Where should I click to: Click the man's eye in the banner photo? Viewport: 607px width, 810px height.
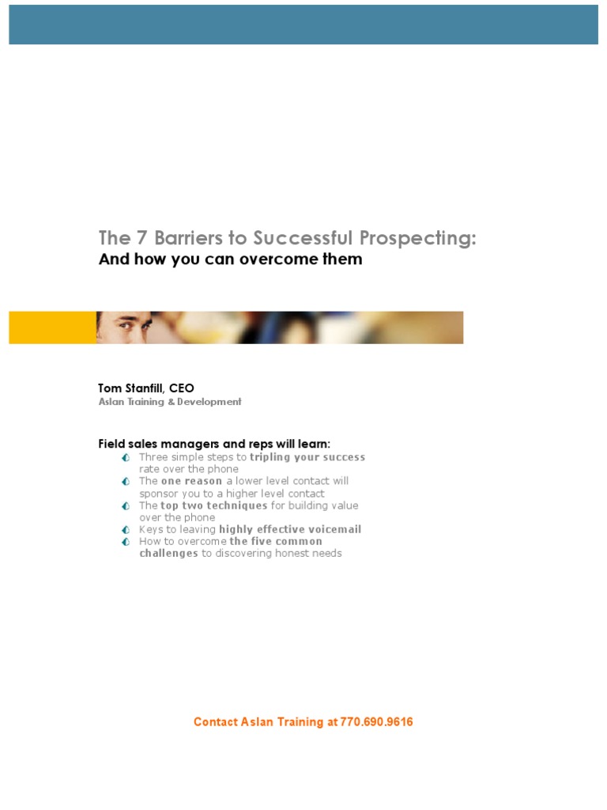131,324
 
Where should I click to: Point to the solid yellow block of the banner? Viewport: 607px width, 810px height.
52,327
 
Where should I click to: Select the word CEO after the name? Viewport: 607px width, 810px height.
181,388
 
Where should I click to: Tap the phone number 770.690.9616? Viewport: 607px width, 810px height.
376,721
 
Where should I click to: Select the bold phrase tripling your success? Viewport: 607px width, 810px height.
307,457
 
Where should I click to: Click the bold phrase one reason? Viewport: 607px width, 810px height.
191,481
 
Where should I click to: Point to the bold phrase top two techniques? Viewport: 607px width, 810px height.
213,505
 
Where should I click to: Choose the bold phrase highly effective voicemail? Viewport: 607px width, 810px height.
290,529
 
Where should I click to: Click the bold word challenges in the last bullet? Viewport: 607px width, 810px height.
168,553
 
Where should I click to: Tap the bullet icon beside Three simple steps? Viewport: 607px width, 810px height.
126,458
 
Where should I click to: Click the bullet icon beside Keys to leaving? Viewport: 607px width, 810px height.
126,529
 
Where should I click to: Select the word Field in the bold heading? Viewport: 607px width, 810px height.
111,444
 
